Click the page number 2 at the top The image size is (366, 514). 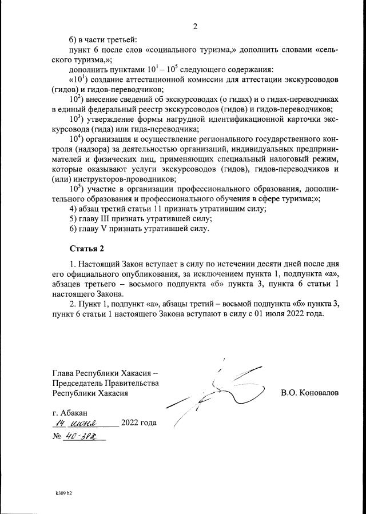(195, 27)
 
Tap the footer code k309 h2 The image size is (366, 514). (63, 491)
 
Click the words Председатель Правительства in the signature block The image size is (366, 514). (105, 383)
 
